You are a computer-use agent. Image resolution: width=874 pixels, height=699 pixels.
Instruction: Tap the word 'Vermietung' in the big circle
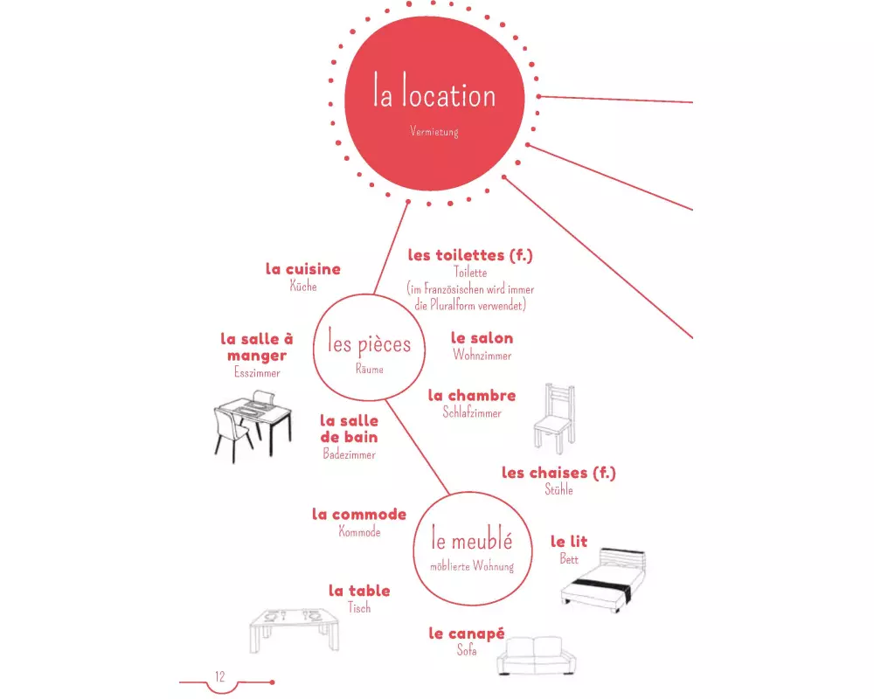[434, 132]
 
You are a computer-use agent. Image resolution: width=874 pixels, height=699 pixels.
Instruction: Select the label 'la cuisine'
[302, 269]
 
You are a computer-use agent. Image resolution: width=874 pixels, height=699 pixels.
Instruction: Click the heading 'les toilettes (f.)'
[470, 255]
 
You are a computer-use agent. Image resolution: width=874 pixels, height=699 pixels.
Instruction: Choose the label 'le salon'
[482, 338]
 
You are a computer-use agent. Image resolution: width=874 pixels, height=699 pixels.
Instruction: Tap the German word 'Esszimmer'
[257, 372]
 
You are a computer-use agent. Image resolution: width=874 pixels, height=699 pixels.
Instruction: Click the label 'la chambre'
[472, 395]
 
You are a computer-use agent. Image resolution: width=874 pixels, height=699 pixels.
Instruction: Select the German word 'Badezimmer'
[349, 454]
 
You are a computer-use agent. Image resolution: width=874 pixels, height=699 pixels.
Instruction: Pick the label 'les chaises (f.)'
[558, 473]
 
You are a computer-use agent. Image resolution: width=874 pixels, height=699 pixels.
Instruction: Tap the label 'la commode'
[359, 514]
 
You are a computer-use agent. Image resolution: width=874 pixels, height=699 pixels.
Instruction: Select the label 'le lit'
[569, 542]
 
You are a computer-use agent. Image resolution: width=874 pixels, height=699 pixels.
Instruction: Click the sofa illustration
[536, 656]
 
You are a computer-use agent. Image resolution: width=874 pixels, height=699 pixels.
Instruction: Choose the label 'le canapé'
[467, 633]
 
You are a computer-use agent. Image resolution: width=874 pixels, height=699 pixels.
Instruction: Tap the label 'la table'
[359, 591]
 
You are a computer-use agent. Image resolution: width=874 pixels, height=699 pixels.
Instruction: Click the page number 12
[220, 676]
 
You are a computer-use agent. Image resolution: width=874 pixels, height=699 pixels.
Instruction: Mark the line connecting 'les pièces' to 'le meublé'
[417, 447]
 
